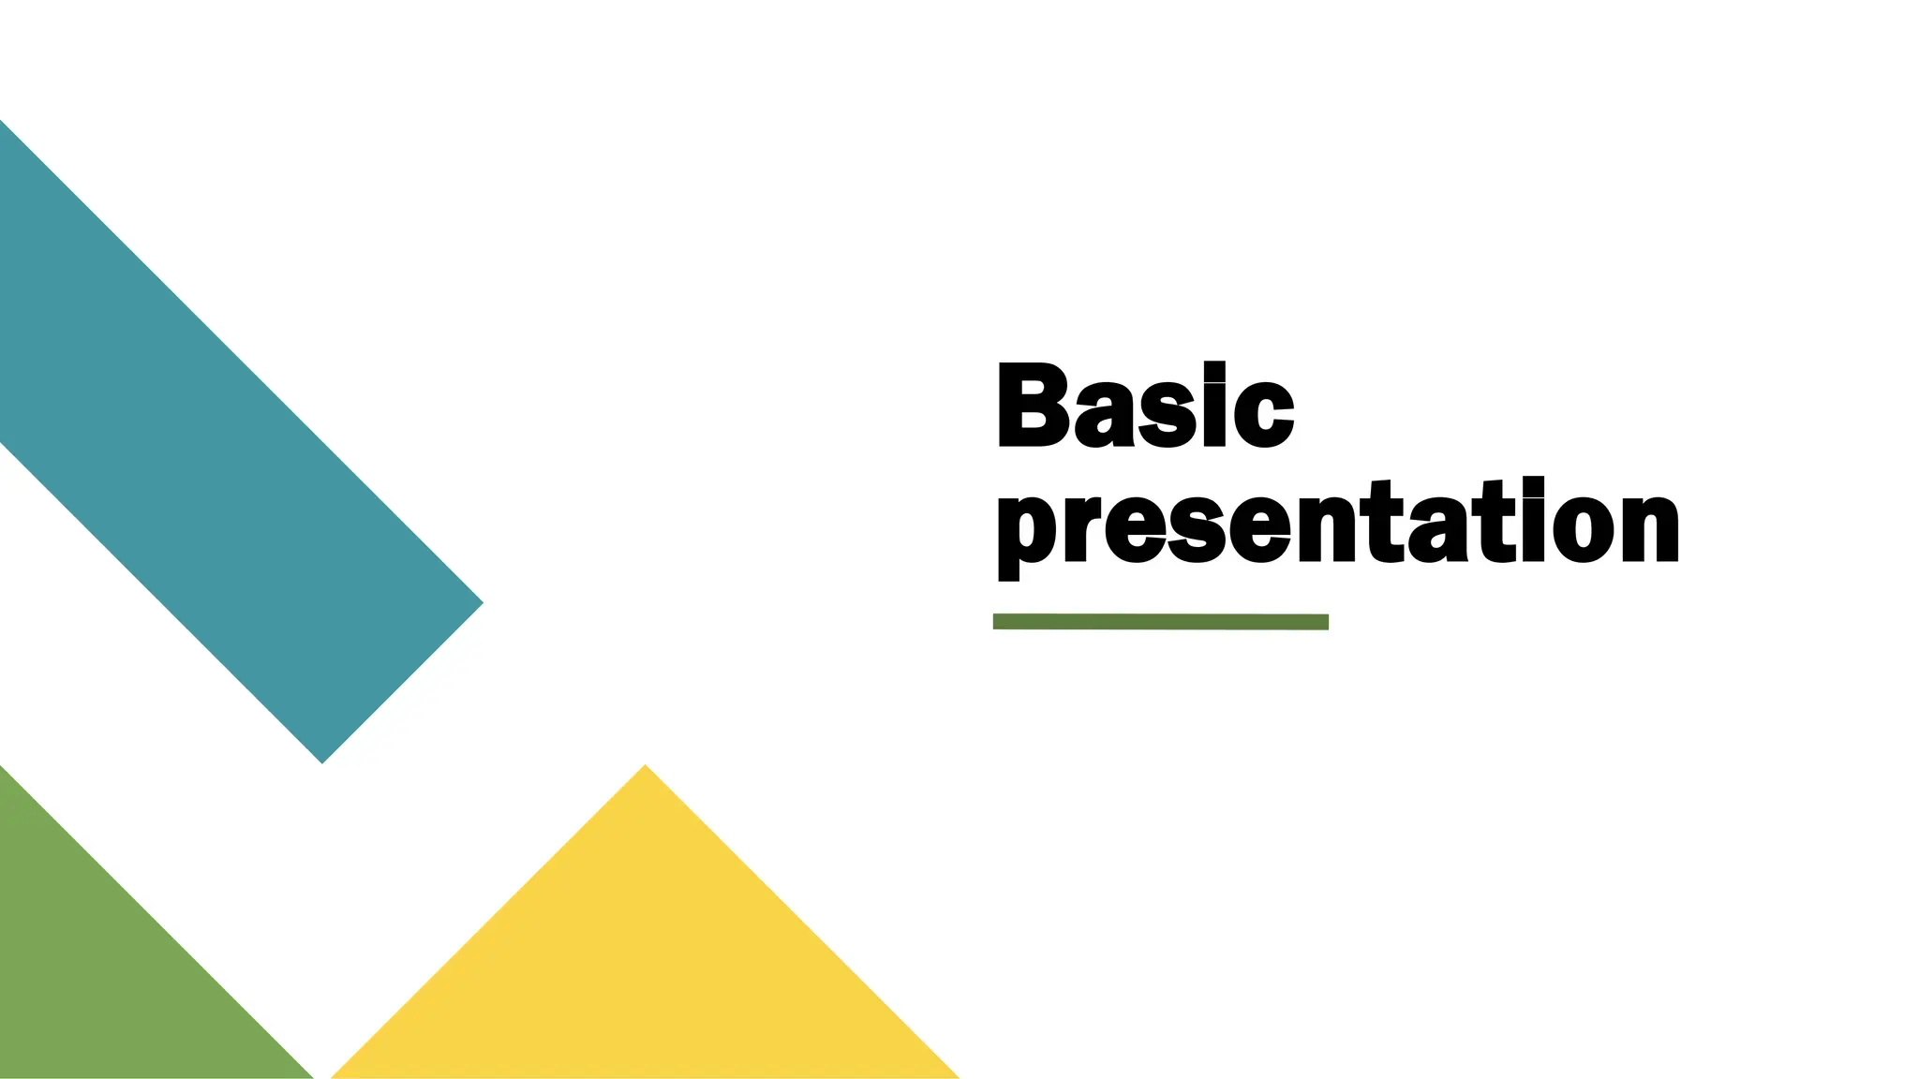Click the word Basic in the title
pos(1145,406)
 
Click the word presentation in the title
pos(1337,525)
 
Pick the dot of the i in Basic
pos(1214,369)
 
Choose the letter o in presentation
pos(1581,526)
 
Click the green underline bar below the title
pos(1160,622)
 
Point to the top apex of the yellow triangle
pos(645,767)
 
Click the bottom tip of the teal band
pos(322,761)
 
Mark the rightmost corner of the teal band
pos(482,603)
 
